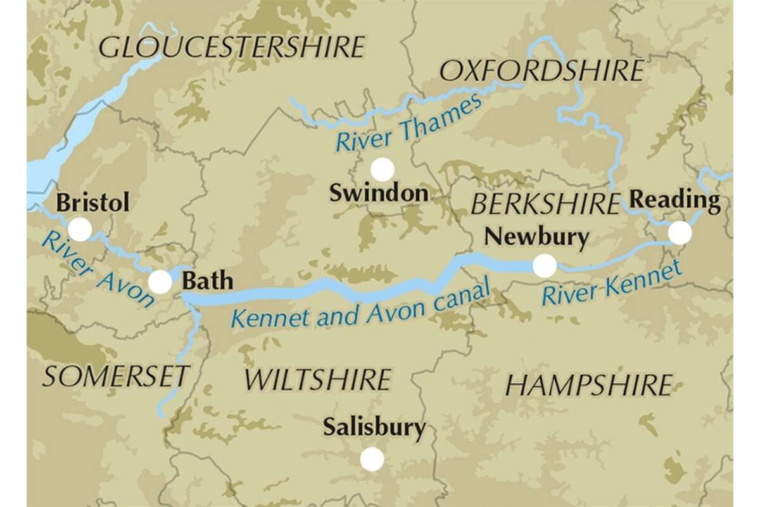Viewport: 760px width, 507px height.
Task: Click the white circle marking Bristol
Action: pyautogui.click(x=80, y=229)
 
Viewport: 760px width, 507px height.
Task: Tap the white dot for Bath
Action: pyautogui.click(x=160, y=281)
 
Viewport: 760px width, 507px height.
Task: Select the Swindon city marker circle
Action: pyautogui.click(x=383, y=169)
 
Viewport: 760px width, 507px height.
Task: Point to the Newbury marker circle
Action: pyautogui.click(x=544, y=266)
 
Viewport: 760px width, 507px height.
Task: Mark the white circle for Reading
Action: pyautogui.click(x=680, y=233)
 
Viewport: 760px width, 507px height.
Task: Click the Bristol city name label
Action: pyautogui.click(x=93, y=203)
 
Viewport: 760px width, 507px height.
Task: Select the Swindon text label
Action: pyautogui.click(x=379, y=193)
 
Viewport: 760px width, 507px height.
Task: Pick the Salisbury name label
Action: pyautogui.click(x=374, y=428)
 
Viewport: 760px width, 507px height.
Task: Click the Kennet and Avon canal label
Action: pyautogui.click(x=361, y=306)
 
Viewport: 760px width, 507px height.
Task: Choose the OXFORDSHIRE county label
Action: pyautogui.click(x=541, y=71)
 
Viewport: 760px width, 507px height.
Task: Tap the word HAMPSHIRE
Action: pyautogui.click(x=589, y=385)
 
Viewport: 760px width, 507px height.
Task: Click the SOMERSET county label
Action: pyautogui.click(x=115, y=376)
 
